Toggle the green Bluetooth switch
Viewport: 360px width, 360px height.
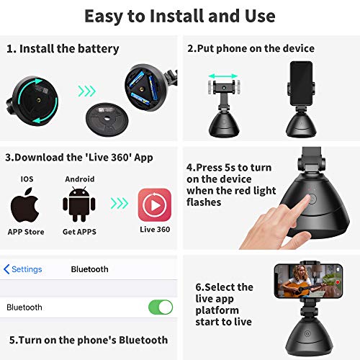coord(161,307)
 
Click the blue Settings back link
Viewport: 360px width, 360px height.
coord(23,269)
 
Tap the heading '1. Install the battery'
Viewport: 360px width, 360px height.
coord(63,49)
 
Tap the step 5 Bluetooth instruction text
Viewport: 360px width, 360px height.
coord(89,340)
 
